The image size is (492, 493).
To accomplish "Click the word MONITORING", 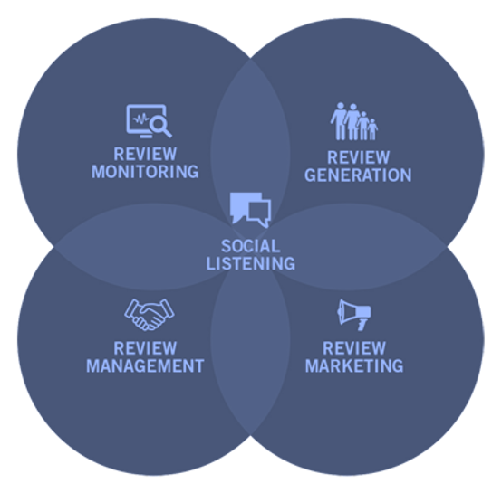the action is (x=145, y=172).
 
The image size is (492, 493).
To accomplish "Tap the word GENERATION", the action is (x=358, y=175).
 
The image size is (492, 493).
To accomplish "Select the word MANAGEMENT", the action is (x=145, y=366).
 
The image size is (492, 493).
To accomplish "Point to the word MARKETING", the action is (x=354, y=366).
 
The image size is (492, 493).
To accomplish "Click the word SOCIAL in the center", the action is (x=250, y=246).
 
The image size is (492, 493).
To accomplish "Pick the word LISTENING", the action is (x=251, y=263).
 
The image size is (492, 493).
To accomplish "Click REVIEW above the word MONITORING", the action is (x=145, y=154).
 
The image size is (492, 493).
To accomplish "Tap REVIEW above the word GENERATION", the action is (x=358, y=157).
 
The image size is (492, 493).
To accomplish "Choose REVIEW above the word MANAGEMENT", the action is (x=145, y=348).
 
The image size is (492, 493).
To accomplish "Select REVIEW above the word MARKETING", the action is (x=354, y=348).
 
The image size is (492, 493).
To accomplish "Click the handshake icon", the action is (x=149, y=315).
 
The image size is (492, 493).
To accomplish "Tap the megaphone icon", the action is (x=354, y=315).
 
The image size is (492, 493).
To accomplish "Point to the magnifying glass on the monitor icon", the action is (x=160, y=127).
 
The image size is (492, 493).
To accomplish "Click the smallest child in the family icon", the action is (x=372, y=129).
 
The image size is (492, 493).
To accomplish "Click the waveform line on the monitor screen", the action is (x=141, y=119).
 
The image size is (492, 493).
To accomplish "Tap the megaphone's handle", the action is (x=362, y=325).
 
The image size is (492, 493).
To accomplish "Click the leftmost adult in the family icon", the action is (x=340, y=121).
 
